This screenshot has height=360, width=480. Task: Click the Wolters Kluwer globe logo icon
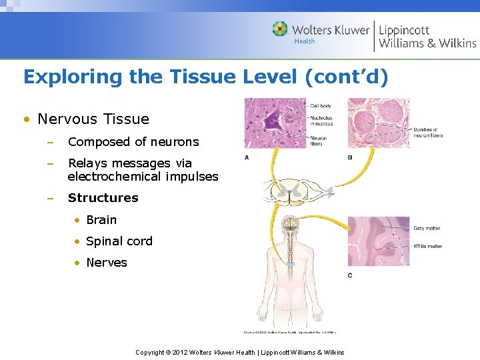click(280, 29)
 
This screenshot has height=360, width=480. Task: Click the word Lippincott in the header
click(404, 29)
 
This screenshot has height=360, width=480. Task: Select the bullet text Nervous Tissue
click(93, 119)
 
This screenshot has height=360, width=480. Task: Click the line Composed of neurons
click(133, 142)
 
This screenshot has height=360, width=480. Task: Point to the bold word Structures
click(103, 198)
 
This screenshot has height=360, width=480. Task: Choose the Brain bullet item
click(101, 220)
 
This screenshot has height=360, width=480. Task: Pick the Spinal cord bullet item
click(119, 241)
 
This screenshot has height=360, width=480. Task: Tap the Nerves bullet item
click(107, 263)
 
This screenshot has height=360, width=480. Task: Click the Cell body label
click(321, 106)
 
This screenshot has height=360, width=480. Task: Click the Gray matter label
click(427, 229)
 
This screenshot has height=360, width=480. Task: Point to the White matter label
click(427, 246)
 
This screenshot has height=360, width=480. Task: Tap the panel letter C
click(350, 275)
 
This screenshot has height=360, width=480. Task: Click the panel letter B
click(350, 157)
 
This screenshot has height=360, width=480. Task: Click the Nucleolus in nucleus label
click(321, 121)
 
